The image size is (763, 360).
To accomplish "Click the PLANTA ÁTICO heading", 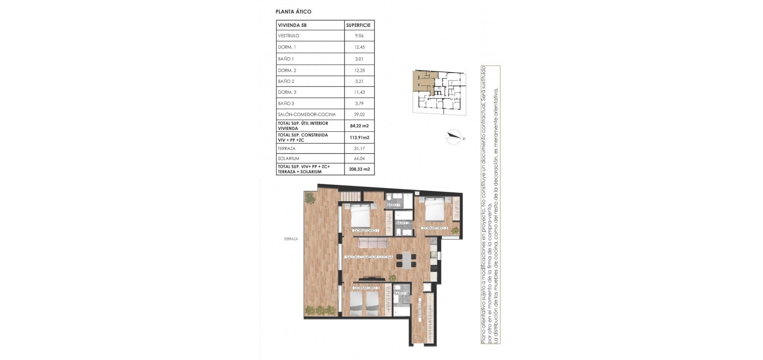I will (293, 12).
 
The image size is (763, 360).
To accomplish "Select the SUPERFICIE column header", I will (358, 25).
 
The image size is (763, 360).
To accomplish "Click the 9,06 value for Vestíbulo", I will (359, 36).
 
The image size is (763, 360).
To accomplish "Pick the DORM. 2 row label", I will (287, 70).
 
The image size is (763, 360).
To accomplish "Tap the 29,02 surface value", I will (359, 114).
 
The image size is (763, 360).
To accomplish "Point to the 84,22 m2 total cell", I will (359, 126).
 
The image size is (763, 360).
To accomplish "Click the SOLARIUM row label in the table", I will (288, 158).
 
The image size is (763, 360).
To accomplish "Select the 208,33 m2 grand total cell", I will (359, 169).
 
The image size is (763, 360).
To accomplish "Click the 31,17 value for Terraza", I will (359, 149).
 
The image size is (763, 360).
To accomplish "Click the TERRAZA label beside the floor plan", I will (290, 239).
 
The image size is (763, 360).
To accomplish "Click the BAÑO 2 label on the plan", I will (403, 223).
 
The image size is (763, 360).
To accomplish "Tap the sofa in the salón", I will (373, 243).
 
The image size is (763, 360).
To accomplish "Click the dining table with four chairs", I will (407, 259).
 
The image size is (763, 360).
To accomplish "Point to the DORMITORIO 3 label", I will (366, 288).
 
